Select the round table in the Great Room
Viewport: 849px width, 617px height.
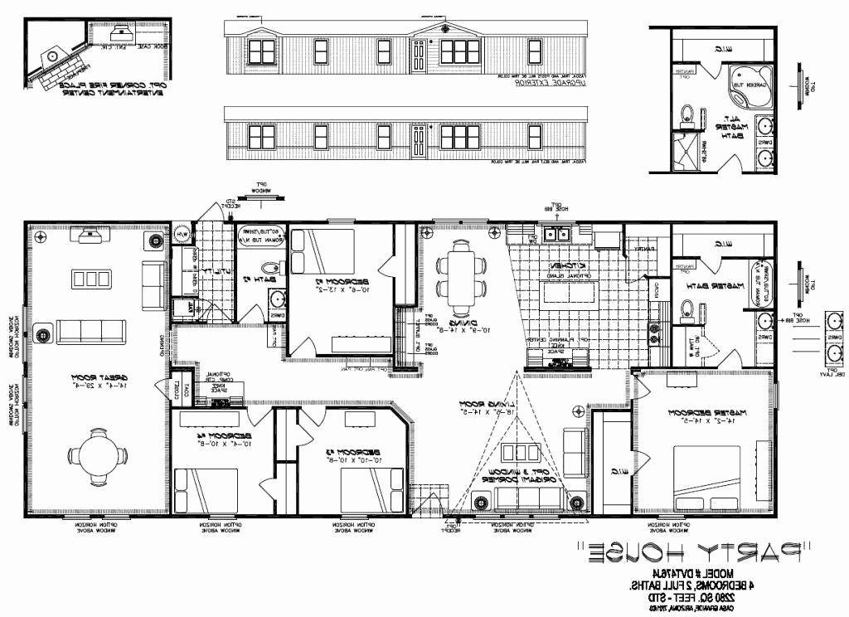pos(98,454)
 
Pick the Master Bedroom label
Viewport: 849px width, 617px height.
pos(701,415)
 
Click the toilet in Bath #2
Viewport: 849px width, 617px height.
pos(270,268)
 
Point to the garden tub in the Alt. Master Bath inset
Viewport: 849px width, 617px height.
pos(750,84)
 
